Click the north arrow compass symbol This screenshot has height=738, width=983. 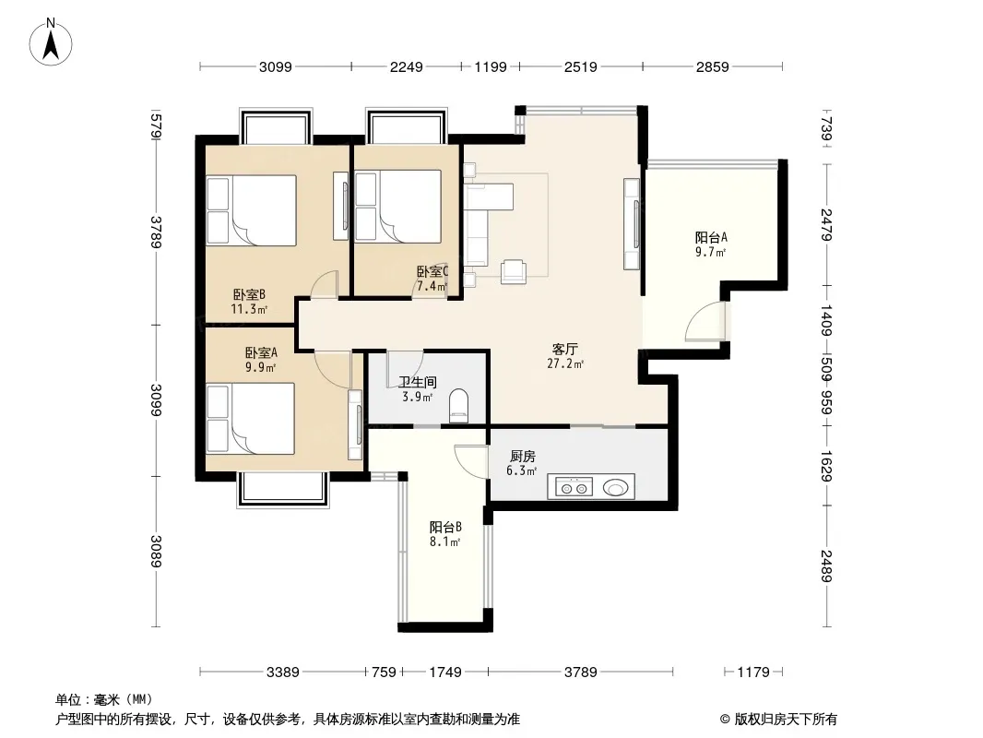(51, 42)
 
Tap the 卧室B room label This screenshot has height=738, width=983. (250, 294)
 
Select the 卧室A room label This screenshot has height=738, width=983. (261, 353)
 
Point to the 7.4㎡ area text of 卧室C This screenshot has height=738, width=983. (432, 287)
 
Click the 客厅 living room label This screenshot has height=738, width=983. (565, 350)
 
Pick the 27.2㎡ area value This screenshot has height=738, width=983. (565, 363)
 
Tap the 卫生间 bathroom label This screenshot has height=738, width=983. (418, 382)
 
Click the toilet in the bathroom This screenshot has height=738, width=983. (459, 406)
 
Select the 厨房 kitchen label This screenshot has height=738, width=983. (522, 457)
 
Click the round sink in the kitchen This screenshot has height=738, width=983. (616, 487)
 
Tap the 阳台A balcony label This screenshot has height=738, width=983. (711, 238)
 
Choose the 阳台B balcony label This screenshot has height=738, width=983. (445, 528)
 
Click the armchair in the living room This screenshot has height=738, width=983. (514, 271)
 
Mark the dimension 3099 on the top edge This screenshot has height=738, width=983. (276, 66)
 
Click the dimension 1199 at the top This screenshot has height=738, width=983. (491, 66)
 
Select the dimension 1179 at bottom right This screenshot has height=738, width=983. (752, 673)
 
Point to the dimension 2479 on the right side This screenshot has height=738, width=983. (826, 224)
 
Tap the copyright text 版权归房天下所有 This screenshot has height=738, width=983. (786, 720)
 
